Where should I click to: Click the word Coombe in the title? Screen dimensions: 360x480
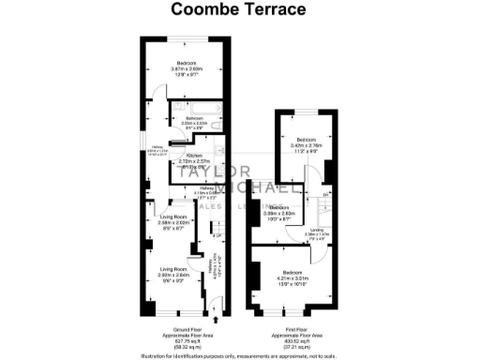pos(200,10)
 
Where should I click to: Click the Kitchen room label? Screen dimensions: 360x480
pos(194,156)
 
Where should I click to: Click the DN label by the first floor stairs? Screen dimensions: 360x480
pos(324,195)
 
